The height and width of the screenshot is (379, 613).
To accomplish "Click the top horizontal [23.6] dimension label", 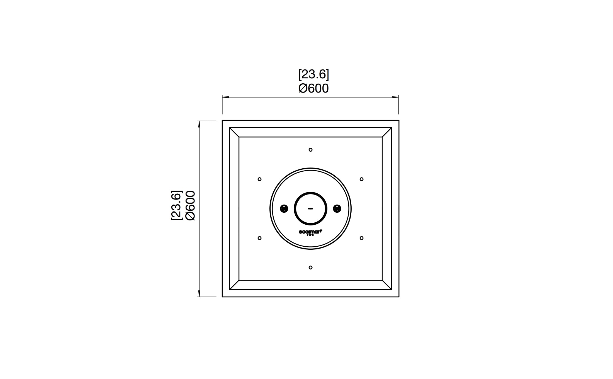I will pyautogui.click(x=314, y=74).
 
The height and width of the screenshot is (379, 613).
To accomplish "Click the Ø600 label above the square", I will pyautogui.click(x=314, y=89).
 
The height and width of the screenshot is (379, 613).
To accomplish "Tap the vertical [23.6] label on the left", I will pyautogui.click(x=176, y=205).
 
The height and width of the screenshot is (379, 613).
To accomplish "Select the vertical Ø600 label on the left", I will pyautogui.click(x=191, y=205).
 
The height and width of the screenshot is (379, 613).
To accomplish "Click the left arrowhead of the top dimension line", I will pyautogui.click(x=225, y=97).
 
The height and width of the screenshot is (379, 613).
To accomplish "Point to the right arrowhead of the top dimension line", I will pyautogui.click(x=395, y=97).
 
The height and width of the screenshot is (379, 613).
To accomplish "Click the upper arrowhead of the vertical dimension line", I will pyautogui.click(x=199, y=124).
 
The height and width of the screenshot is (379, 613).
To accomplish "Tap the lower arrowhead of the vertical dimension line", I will pyautogui.click(x=199, y=293).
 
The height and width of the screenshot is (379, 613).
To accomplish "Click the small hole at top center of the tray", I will pyautogui.click(x=311, y=150).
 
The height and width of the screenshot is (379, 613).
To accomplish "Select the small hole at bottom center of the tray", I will pyautogui.click(x=311, y=268).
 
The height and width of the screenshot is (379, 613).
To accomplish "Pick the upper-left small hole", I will pyautogui.click(x=260, y=179).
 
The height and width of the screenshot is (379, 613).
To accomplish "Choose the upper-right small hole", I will pyautogui.click(x=362, y=179).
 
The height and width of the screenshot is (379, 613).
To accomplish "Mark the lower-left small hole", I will pyautogui.click(x=260, y=238).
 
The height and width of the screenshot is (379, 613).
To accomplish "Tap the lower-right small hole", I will pyautogui.click(x=362, y=238).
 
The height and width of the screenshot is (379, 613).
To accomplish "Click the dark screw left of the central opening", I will pyautogui.click(x=284, y=208).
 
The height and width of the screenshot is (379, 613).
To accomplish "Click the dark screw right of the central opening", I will pyautogui.click(x=337, y=208).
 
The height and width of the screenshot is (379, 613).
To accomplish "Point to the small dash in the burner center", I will pyautogui.click(x=311, y=208).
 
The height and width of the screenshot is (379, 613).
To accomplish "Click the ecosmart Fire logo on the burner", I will pyautogui.click(x=310, y=232).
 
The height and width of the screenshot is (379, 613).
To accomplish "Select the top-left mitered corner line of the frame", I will pyautogui.click(x=234, y=132).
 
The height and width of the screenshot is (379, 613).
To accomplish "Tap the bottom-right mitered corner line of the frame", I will pyautogui.click(x=387, y=285).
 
